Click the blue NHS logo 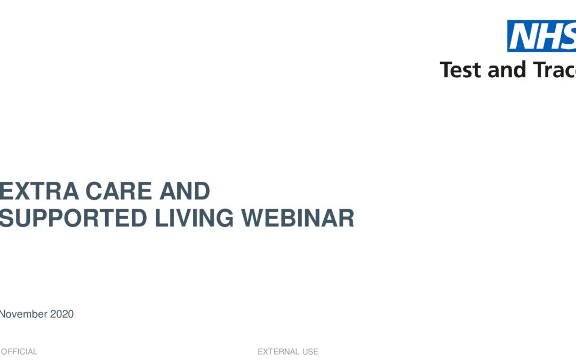pos(541,36)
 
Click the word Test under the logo pos(461,70)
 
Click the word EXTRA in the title pos(39,191)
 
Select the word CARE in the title pos(118,191)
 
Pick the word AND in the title pos(185,191)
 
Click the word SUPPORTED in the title pos(73,218)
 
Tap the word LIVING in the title pos(194,218)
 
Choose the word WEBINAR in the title pos(298,218)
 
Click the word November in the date pos(23,314)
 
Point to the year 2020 pos(62,314)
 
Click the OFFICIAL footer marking pos(19,351)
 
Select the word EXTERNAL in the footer pos(278,351)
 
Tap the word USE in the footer pos(310,351)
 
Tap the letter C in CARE pos(94,191)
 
